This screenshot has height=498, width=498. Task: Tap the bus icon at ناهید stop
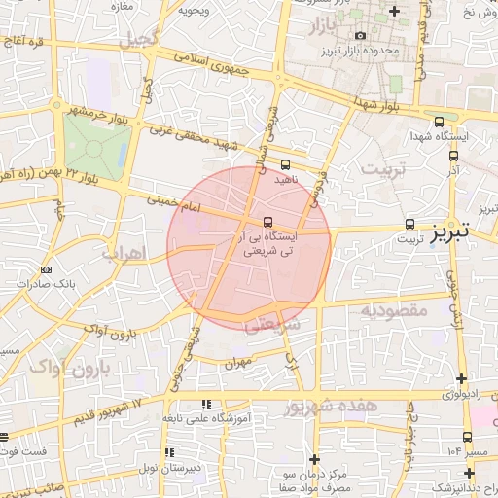[285, 164]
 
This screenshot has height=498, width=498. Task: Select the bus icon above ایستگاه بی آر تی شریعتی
[269, 221]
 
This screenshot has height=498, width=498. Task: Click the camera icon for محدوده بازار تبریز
[360, 36]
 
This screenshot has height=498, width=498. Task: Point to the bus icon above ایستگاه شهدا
[440, 123]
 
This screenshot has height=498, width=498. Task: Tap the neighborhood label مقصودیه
[395, 310]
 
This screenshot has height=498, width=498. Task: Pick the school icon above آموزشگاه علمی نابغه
[205, 403]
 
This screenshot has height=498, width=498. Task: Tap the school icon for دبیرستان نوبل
[171, 452]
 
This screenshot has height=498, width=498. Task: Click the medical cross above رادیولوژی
[461, 378]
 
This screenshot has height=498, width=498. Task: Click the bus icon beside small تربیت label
[409, 223]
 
